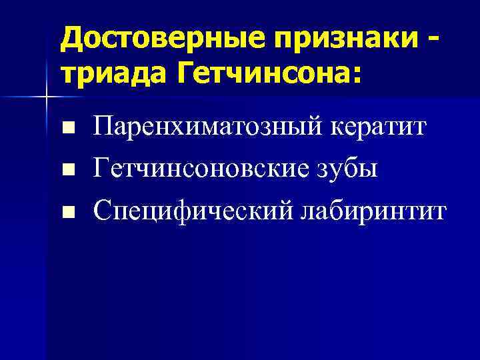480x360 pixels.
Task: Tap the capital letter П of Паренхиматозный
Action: point(105,125)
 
